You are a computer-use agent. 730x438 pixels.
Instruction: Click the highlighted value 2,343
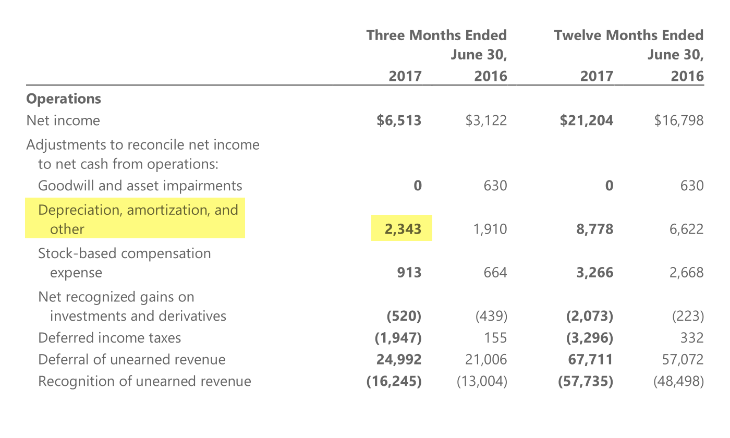click(403, 229)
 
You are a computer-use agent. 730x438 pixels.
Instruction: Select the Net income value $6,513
click(399, 120)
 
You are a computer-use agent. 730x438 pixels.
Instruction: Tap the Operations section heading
click(64, 99)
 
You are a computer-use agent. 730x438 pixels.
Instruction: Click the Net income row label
click(63, 120)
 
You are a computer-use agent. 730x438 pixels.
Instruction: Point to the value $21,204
click(587, 120)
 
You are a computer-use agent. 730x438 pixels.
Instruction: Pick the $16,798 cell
click(678, 120)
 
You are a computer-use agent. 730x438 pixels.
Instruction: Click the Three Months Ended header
click(436, 35)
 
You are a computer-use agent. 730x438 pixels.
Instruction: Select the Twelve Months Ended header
click(628, 35)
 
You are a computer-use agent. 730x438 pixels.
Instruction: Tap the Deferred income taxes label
click(110, 338)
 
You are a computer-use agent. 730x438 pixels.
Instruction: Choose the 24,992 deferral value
click(399, 359)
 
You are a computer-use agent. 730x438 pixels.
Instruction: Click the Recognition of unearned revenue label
click(144, 381)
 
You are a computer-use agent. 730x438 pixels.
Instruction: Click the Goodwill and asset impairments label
click(140, 186)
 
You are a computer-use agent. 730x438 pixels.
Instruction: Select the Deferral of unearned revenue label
click(132, 359)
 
